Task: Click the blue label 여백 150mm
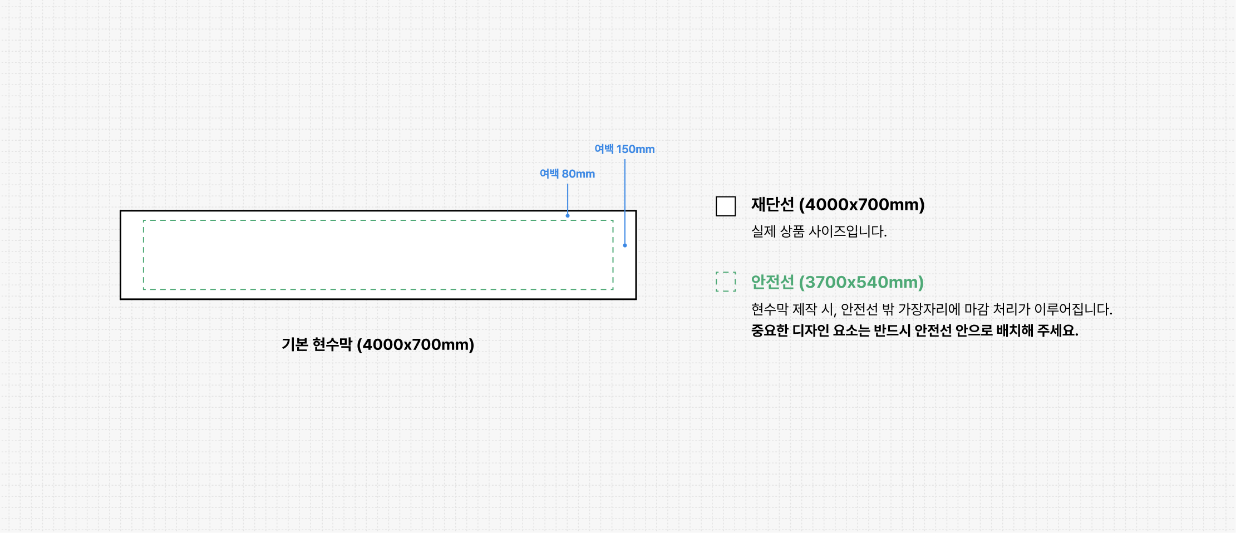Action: pyautogui.click(x=624, y=149)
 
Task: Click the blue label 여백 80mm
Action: pyautogui.click(x=567, y=174)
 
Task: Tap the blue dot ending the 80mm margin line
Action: pyautogui.click(x=568, y=215)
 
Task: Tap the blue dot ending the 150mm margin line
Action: pyautogui.click(x=625, y=245)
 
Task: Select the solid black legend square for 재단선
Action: pyautogui.click(x=726, y=206)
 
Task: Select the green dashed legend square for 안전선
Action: pyautogui.click(x=726, y=282)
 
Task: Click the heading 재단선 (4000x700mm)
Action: pyautogui.click(x=838, y=205)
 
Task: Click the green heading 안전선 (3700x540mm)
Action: pyautogui.click(x=837, y=282)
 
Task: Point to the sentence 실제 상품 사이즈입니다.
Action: pyautogui.click(x=819, y=231)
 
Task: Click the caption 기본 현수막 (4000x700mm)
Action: pyautogui.click(x=378, y=344)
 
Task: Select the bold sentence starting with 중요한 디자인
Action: pyautogui.click(x=914, y=330)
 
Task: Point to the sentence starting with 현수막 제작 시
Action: pyautogui.click(x=931, y=309)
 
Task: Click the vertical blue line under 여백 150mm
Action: pyautogui.click(x=625, y=200)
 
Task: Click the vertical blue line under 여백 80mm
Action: pyautogui.click(x=568, y=198)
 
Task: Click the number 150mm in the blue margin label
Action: pyautogui.click(x=636, y=149)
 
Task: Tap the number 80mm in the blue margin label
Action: pyautogui.click(x=578, y=174)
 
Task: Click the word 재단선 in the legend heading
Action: pyautogui.click(x=772, y=205)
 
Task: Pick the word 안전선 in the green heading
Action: pyautogui.click(x=772, y=282)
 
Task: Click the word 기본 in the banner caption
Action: pyautogui.click(x=294, y=344)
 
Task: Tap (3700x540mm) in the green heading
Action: pyautogui.click(x=861, y=282)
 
